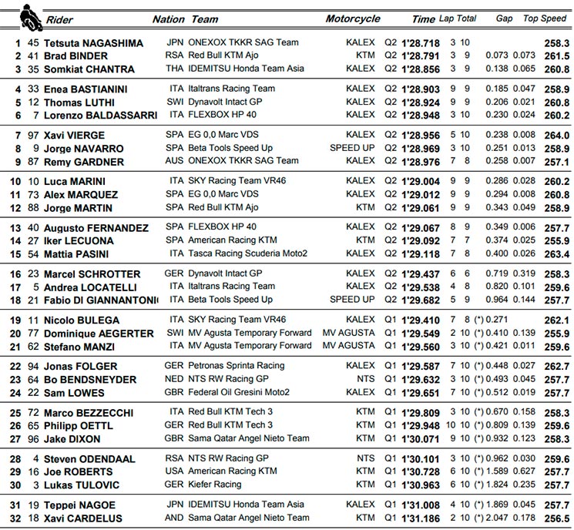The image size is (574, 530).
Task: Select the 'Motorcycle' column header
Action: (x=353, y=19)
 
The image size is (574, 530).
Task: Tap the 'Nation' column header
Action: (x=169, y=19)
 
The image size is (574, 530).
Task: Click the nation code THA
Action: (x=176, y=69)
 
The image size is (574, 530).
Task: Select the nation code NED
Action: (x=176, y=380)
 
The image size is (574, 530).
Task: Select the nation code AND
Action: (x=176, y=518)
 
